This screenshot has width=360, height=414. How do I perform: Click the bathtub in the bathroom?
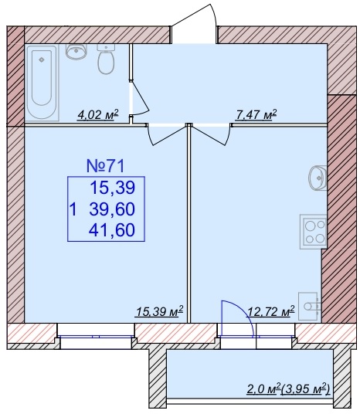pyautogui.click(x=42, y=83)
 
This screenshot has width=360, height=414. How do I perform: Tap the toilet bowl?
pyautogui.click(x=106, y=63)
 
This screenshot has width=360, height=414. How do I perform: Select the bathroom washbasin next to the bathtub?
pyautogui.click(x=76, y=51)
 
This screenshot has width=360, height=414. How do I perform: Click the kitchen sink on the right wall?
pyautogui.click(x=318, y=178)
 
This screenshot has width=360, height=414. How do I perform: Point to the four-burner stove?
pyautogui.click(x=314, y=232)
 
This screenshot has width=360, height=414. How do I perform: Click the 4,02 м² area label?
pyautogui.click(x=98, y=115)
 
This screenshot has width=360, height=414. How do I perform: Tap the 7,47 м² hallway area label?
pyautogui.click(x=256, y=114)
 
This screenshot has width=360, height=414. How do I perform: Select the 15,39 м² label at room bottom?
pyautogui.click(x=159, y=311)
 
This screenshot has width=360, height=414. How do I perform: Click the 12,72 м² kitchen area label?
pyautogui.click(x=270, y=311)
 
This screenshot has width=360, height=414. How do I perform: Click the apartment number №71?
pyautogui.click(x=105, y=166)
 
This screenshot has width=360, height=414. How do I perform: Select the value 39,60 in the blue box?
pyautogui.click(x=112, y=209)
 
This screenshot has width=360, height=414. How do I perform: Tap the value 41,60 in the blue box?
pyautogui.click(x=112, y=229)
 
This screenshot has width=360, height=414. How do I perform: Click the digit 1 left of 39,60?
pyautogui.click(x=73, y=209)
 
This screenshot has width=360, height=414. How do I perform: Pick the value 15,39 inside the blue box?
pyautogui.click(x=113, y=188)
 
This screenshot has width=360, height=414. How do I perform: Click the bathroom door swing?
pyautogui.click(x=140, y=98)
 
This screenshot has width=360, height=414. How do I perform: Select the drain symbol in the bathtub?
pyautogui.click(x=42, y=59)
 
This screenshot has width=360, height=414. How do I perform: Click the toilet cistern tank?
pyautogui.click(x=106, y=47)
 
